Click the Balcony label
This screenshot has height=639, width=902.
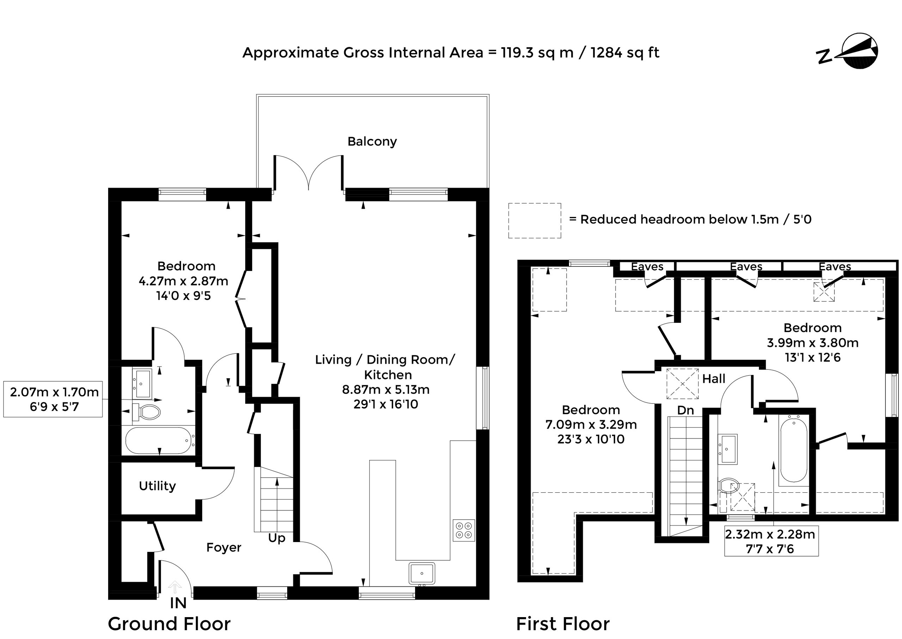372,142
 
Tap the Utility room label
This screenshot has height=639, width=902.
157,486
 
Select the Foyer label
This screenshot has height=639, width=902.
224,548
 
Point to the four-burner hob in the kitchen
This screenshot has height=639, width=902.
464,530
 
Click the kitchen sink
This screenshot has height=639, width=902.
422,573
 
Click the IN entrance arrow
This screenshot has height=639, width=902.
175,587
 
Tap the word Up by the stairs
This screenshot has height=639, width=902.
277,538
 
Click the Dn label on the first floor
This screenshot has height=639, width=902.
685,410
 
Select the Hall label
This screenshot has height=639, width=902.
713,379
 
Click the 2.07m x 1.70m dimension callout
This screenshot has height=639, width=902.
53,399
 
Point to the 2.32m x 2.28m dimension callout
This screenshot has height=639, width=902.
771,541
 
